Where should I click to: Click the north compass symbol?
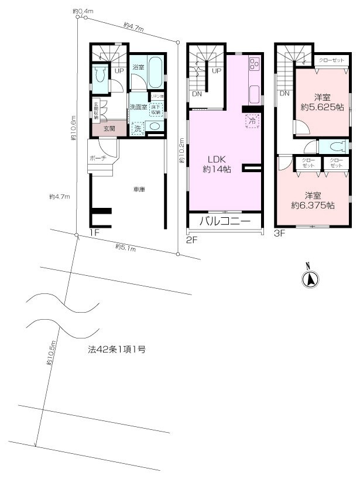(x=310, y=280)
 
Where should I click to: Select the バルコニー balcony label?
(x=225, y=221)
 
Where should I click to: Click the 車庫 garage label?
(x=139, y=189)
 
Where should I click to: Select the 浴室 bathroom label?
(x=138, y=67)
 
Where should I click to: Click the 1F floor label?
(x=95, y=232)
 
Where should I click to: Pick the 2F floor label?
(x=191, y=239)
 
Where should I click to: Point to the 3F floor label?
(x=279, y=232)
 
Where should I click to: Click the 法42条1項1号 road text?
(x=116, y=350)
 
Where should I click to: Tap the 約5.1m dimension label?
(x=125, y=248)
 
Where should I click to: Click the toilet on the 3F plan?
(x=336, y=146)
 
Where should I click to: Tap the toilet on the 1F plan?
(x=99, y=76)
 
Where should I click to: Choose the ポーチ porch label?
(x=97, y=159)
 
